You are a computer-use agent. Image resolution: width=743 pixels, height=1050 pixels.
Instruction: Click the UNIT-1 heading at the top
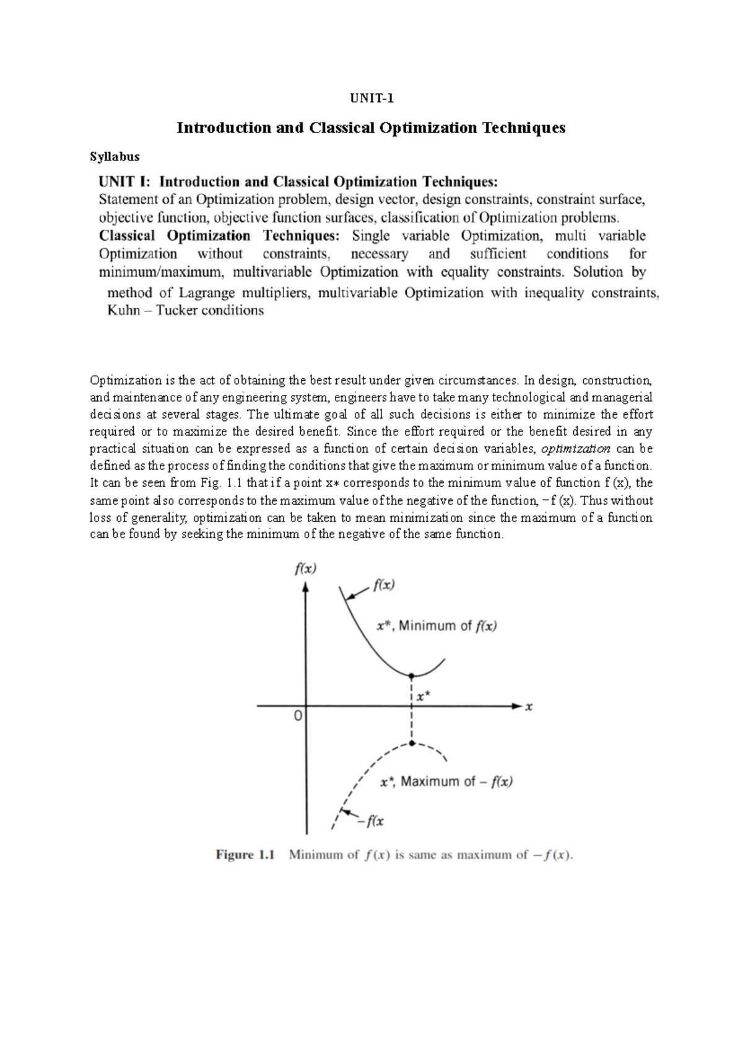tap(372, 98)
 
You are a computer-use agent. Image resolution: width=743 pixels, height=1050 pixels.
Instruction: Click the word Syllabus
tap(115, 157)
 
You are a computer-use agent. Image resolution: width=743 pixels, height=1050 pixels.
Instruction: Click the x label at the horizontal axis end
tap(529, 706)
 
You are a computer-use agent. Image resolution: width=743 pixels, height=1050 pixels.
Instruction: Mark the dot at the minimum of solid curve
tap(412, 675)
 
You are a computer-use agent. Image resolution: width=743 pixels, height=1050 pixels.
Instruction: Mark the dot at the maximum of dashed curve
tap(412, 744)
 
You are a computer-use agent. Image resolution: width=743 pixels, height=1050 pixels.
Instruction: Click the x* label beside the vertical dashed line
tap(424, 696)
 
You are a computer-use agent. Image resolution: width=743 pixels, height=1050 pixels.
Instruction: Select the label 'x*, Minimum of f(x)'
tap(437, 626)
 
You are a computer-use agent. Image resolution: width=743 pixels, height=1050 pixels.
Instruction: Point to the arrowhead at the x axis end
tap(516, 706)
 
